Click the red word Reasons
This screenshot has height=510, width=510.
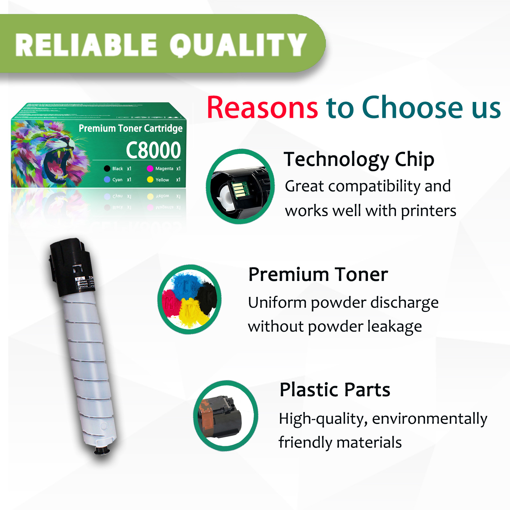tap(262, 108)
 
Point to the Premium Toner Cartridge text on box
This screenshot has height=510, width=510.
tap(131, 128)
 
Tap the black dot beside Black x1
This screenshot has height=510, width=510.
tap(107, 169)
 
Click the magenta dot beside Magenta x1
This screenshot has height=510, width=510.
tap(150, 169)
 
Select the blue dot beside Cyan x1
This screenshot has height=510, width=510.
tap(107, 180)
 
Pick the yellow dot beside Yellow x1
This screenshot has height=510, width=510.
tap(150, 180)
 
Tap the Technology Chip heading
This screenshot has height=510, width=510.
tap(359, 159)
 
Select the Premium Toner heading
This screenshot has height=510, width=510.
tap(318, 274)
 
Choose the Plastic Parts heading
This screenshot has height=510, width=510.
tap(335, 390)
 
